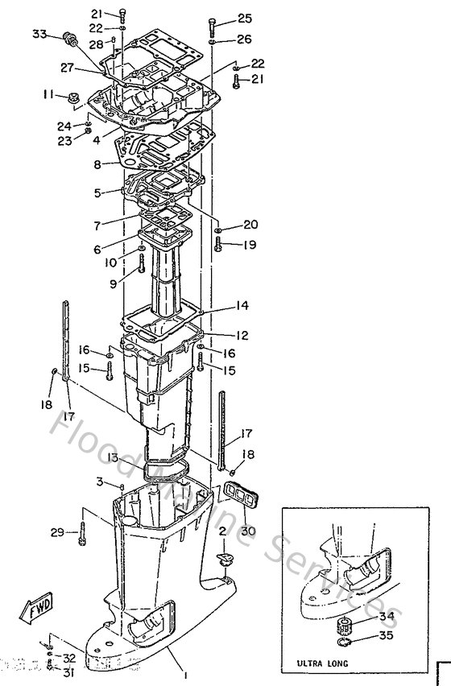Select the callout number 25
pyautogui.click(x=243, y=18)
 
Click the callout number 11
pyautogui.click(x=49, y=95)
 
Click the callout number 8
pyautogui.click(x=97, y=164)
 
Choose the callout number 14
pyautogui.click(x=242, y=306)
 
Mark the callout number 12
pyautogui.click(x=242, y=335)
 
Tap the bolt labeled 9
pyautogui.click(x=142, y=263)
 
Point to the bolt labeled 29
pyautogui.click(x=82, y=532)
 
